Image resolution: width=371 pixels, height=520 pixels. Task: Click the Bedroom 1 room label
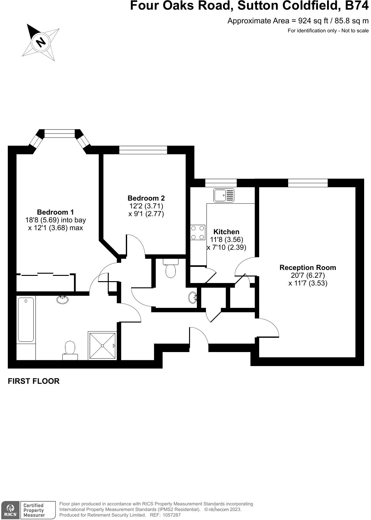55,212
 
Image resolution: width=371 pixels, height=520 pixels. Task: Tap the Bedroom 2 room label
146,198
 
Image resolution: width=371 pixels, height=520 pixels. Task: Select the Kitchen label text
226,232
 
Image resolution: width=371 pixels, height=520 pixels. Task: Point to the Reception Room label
307,267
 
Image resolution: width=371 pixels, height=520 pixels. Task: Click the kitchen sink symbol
224,195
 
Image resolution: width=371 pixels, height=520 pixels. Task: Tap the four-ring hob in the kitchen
197,232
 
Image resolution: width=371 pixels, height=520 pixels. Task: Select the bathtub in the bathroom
26,319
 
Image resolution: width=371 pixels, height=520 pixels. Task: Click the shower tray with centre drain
102,346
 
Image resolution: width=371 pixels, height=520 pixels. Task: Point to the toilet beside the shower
70,350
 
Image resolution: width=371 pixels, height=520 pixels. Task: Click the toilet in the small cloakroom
170,269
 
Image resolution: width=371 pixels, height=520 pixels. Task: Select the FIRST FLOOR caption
34,381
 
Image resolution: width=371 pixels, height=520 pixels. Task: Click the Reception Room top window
307,183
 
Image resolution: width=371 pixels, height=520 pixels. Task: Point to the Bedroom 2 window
143,150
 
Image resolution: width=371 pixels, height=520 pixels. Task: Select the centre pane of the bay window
60,134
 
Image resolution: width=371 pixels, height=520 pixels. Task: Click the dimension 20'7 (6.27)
307,275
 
